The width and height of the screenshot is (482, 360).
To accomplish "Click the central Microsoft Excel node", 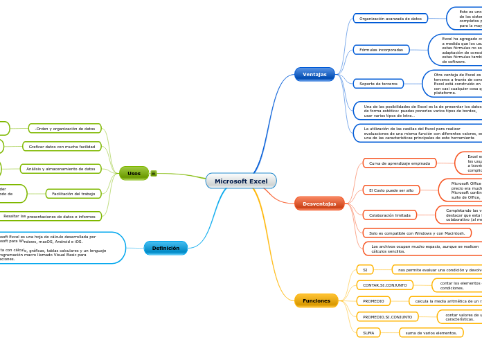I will (241, 181).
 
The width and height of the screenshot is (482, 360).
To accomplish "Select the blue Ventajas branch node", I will (314, 74).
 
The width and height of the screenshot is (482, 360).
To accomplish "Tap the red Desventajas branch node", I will (319, 204).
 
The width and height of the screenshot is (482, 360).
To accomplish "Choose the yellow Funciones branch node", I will (316, 300).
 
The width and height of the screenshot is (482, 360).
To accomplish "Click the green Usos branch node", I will (134, 173).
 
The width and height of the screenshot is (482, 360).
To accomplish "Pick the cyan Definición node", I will (166, 248).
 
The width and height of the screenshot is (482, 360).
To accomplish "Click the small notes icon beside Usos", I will (154, 173).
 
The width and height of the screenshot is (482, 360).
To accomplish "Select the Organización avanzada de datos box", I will (391, 19).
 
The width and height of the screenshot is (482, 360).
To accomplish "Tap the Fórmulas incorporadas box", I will (381, 50).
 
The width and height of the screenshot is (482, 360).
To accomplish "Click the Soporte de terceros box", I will (378, 84).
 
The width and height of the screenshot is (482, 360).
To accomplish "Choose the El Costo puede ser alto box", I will (391, 190).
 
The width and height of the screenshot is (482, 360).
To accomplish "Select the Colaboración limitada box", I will (390, 215).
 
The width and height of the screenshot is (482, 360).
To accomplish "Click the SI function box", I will (365, 269).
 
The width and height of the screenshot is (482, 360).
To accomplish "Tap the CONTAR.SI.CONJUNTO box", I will (385, 285).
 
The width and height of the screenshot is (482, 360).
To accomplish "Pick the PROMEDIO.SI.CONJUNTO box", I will (387, 316).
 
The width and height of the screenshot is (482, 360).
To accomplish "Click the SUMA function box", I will (368, 333).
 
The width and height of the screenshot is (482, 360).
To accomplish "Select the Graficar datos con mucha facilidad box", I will (62, 147).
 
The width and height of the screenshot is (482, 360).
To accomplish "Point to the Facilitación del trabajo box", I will (73, 194).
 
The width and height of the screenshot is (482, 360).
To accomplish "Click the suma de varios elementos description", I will (431, 333).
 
